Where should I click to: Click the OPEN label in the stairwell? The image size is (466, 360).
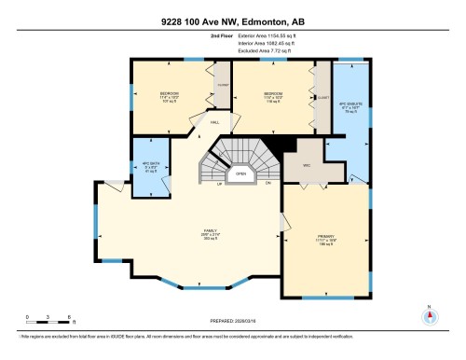point(240,173)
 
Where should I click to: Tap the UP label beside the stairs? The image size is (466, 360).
point(220,184)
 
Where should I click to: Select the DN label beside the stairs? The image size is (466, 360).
point(267,184)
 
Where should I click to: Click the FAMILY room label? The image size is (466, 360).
point(212,230)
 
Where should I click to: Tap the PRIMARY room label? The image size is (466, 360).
point(326,237)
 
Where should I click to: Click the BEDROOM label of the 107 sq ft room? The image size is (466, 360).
point(169,94)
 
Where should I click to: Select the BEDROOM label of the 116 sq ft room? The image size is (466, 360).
point(273,94)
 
